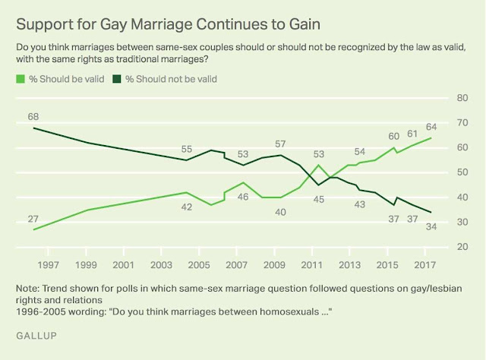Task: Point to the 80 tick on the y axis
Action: coord(460,98)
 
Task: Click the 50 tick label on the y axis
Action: coord(460,172)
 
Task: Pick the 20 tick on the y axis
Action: coord(460,247)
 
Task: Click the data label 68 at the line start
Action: coord(33,117)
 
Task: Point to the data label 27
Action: coord(33,219)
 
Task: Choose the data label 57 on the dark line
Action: coord(279,144)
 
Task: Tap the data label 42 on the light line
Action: coord(186,206)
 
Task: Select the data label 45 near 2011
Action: coord(318,200)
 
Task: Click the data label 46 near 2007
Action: coord(242,197)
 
